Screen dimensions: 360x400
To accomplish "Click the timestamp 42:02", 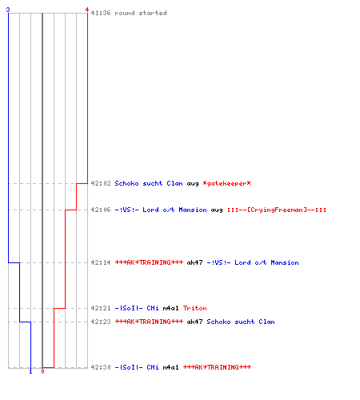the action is pos(101,183).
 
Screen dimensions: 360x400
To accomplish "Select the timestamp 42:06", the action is pos(101,210).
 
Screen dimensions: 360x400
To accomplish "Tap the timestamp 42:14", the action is pos(101,262).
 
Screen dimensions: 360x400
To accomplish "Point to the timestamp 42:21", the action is pos(101,308).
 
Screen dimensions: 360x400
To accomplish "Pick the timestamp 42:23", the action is pos(101,322).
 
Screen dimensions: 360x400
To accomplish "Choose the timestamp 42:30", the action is pos(101,367).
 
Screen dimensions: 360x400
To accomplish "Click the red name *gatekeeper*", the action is pos(226,183).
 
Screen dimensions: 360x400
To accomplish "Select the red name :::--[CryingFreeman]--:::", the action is pos(277,210).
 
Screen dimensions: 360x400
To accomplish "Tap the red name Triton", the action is pos(195,308).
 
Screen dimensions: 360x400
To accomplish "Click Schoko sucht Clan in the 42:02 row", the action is pos(149,183).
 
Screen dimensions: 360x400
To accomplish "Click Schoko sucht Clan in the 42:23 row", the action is pos(241,322).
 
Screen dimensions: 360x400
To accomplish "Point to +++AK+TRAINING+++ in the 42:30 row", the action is pos(217,367).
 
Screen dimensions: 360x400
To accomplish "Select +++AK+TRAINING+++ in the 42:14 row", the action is pos(149,262).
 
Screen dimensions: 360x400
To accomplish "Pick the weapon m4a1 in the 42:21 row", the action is pos(170,308).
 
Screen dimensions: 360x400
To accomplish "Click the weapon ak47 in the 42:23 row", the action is pos(194,322).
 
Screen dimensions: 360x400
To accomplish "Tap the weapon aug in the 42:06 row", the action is pos(217,210).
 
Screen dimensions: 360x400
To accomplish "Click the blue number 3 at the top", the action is pos(8,10).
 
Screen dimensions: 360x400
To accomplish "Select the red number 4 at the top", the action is pos(87,10).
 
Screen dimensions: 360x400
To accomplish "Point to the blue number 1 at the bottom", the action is pos(30,371).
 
